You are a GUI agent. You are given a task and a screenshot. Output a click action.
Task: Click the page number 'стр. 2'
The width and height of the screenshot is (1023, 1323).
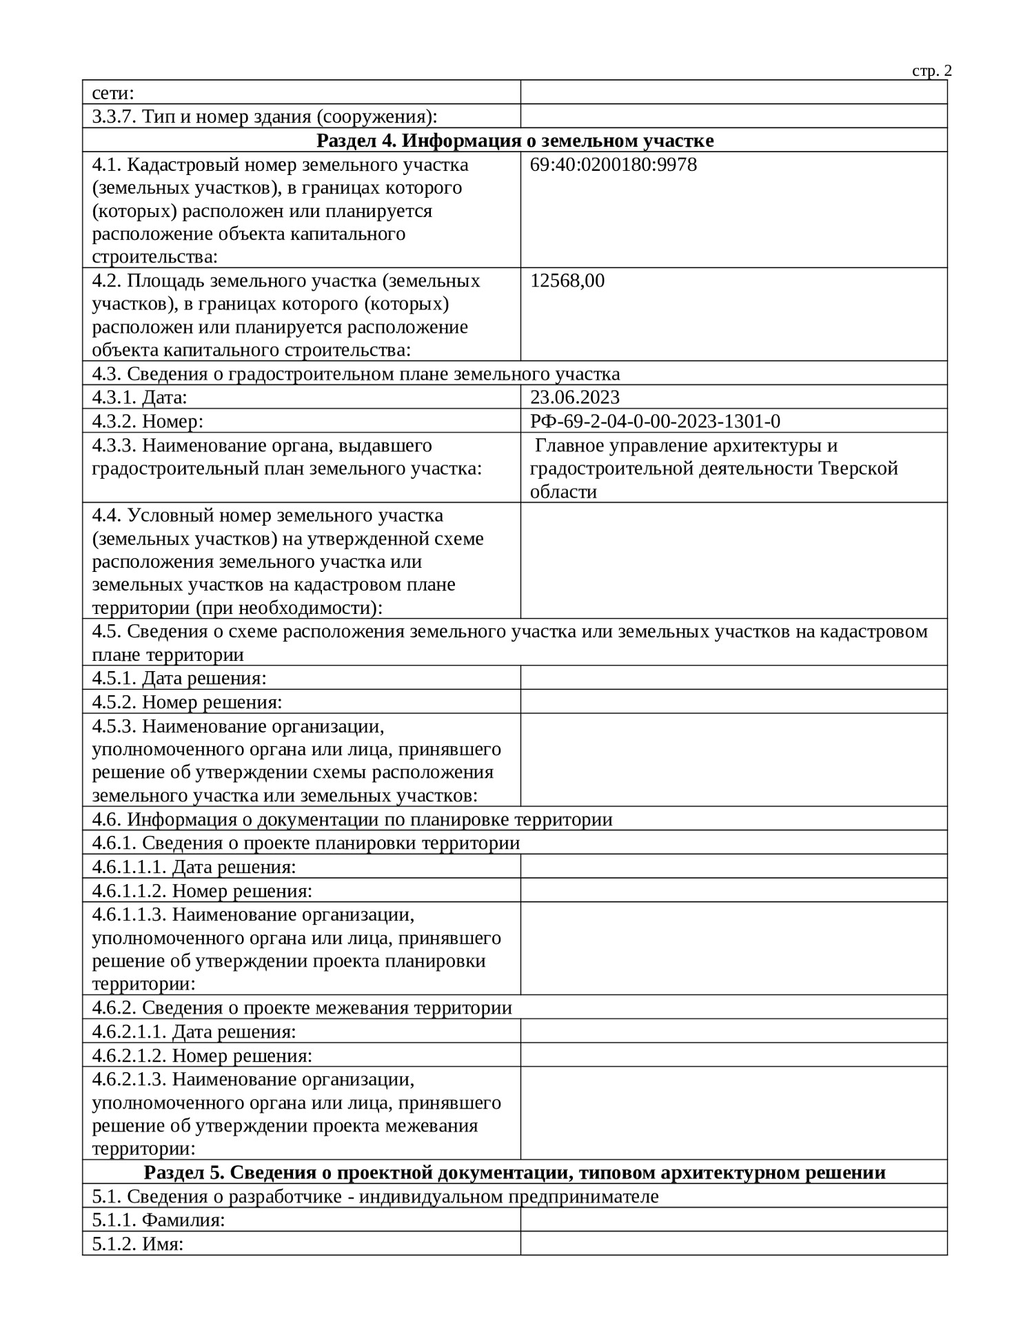[931, 71]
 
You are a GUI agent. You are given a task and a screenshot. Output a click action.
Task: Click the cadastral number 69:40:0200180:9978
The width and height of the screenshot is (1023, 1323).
[613, 165]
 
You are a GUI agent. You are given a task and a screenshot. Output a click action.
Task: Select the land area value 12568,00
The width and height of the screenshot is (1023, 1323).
[567, 280]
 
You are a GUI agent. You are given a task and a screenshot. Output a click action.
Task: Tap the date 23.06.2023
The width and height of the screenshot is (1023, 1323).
[574, 397]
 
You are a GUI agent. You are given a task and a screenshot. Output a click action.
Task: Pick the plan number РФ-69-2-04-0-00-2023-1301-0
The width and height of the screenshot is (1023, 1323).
[655, 421]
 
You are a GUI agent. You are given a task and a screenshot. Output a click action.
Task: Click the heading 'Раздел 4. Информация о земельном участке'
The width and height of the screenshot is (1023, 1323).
[514, 141]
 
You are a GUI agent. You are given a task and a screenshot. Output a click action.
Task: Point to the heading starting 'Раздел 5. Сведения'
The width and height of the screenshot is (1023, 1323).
[514, 1172]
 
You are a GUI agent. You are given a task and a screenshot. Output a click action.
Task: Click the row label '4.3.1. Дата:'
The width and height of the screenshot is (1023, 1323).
[139, 398]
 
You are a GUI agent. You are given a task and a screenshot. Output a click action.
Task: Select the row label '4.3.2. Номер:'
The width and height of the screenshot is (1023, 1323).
[148, 421]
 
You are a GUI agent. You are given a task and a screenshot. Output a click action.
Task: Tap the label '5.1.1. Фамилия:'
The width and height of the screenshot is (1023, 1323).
[159, 1220]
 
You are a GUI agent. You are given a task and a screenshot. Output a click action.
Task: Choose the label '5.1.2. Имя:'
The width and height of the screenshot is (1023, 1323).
[138, 1244]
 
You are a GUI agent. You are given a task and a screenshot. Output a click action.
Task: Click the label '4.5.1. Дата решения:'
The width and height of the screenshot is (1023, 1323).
[179, 678]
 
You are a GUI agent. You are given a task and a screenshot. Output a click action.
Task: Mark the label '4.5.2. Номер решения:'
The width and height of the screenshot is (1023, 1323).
[187, 702]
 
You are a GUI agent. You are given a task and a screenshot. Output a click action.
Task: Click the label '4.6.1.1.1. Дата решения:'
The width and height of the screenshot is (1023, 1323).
[194, 867]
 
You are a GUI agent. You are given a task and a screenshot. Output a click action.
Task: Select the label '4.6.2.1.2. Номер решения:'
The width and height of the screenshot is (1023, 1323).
[202, 1055]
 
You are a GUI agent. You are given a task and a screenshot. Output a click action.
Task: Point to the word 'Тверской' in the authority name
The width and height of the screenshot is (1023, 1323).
[858, 469]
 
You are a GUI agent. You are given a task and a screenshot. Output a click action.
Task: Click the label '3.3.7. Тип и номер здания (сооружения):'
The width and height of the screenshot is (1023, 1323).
[265, 116]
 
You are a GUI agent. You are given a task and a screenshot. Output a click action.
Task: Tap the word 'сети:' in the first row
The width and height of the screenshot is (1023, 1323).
[112, 93]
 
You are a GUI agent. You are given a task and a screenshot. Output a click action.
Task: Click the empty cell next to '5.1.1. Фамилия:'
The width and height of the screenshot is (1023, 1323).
[733, 1220]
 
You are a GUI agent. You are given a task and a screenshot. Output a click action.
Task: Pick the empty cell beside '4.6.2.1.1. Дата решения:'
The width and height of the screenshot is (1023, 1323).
[733, 1032]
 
